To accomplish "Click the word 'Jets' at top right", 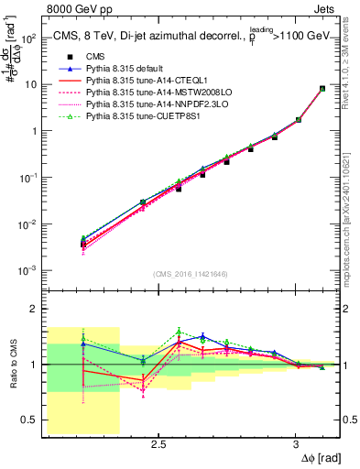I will [326, 9].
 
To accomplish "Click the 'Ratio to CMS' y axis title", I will [12, 365].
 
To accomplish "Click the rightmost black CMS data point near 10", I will [322, 89].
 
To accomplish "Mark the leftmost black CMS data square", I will [83, 244].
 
